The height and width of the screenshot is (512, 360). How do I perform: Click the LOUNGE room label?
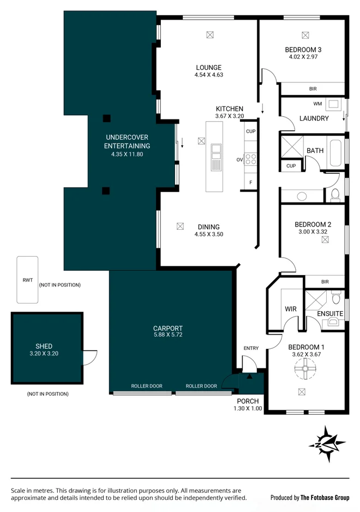point(208,68)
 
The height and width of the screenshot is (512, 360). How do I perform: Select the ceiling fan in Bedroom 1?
point(305,370)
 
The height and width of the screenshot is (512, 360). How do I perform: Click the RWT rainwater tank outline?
point(27,279)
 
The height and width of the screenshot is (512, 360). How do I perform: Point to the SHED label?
point(44,346)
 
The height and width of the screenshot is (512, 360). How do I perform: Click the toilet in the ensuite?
point(336,299)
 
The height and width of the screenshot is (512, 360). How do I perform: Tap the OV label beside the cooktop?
point(239,160)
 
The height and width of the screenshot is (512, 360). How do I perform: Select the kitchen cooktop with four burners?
point(251,159)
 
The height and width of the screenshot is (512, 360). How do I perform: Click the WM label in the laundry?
point(317,103)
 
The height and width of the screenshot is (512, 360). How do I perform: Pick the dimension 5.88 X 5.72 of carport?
point(167,335)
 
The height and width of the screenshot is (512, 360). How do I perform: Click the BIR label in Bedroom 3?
point(313,88)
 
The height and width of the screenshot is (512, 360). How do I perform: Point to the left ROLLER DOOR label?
point(147,386)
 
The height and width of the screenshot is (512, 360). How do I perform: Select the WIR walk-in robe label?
point(290,309)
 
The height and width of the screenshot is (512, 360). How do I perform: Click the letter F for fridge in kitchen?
point(250,182)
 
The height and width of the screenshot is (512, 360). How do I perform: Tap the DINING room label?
point(208,227)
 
